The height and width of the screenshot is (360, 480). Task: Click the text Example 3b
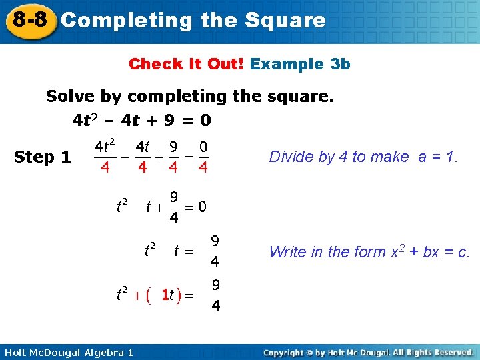click(300, 64)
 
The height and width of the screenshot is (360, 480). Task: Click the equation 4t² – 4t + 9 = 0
click(141, 121)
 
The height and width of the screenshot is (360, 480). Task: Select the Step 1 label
click(43, 157)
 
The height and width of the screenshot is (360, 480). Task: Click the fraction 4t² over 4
click(105, 156)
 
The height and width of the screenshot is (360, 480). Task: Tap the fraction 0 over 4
click(203, 156)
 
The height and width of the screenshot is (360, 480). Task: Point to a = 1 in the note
click(437, 157)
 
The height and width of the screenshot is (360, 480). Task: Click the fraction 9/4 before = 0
click(173, 207)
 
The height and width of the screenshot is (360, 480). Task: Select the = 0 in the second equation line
click(195, 207)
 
